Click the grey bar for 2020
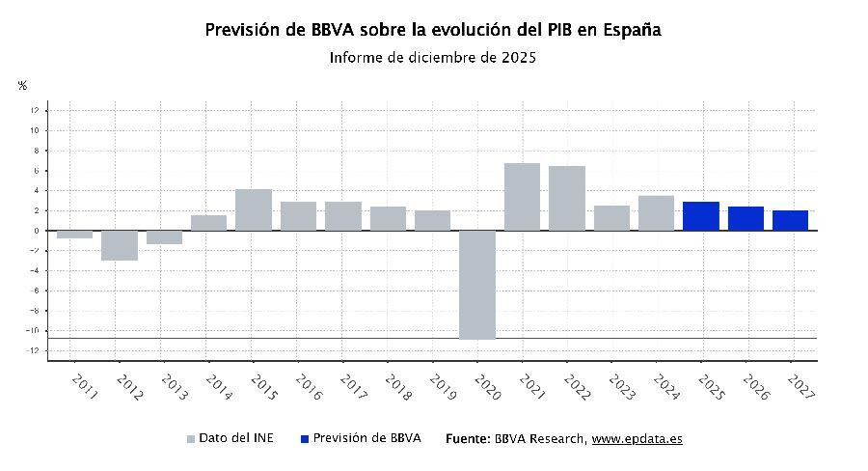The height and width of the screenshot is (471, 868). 477,285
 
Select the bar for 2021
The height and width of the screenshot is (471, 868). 522,197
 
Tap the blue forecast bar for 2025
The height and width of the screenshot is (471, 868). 701,216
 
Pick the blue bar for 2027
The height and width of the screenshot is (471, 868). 791,221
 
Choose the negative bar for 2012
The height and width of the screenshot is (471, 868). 120,245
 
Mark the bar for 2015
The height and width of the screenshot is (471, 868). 254,209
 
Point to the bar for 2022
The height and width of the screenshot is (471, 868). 567,198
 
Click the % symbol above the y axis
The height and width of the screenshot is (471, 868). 22,86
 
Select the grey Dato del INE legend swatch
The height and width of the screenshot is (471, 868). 191,439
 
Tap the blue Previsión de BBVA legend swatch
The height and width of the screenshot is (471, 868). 305,439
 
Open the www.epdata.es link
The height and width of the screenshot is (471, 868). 637,438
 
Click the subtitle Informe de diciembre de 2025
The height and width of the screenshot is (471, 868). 432,58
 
